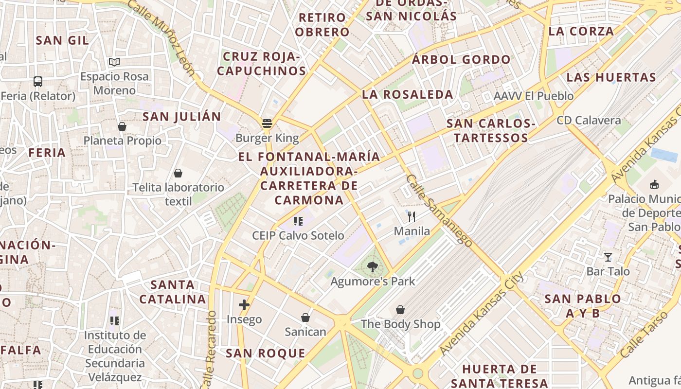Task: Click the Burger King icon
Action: tap(267, 124)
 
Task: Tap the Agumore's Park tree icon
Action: tap(373, 267)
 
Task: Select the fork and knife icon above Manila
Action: tap(412, 216)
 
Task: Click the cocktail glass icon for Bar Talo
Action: tap(608, 257)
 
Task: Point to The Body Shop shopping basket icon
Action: tap(400, 310)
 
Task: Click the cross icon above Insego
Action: tap(244, 305)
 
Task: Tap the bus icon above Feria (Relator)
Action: tap(38, 82)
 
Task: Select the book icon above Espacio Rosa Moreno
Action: tap(114, 62)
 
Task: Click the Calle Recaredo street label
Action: tap(210, 349)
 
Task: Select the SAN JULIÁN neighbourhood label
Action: tap(181, 117)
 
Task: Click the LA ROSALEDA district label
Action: tap(408, 95)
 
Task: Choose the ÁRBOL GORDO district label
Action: tap(461, 60)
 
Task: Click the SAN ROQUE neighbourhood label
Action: tap(266, 354)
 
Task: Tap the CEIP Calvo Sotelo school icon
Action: tap(298, 222)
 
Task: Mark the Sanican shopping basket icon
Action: tap(305, 318)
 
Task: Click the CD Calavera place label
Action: tap(589, 120)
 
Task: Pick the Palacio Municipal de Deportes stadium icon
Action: tap(654, 185)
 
